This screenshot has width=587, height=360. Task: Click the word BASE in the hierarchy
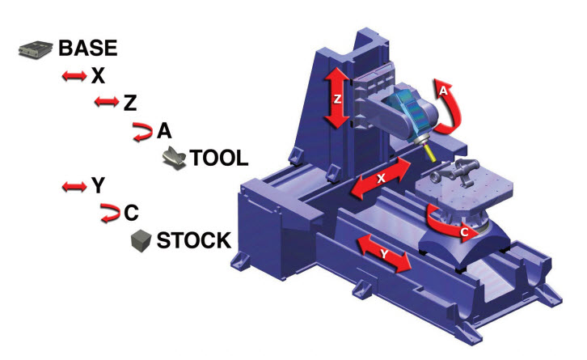[x=88, y=48]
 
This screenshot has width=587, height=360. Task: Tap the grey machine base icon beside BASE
[x=36, y=50]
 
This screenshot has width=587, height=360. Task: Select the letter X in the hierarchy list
[x=98, y=76]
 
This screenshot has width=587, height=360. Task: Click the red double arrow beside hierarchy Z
[x=107, y=101]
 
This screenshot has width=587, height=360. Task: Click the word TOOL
[x=219, y=158]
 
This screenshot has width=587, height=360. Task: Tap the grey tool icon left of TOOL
[x=174, y=158]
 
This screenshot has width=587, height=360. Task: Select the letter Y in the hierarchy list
[x=98, y=185]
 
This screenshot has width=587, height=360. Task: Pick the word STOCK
[x=194, y=240]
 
